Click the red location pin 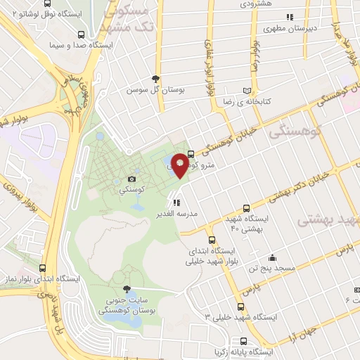180,165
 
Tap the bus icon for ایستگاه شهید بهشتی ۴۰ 245,207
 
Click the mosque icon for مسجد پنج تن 272,257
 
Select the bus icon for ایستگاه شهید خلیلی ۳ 241,307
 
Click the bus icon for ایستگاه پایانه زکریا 215,349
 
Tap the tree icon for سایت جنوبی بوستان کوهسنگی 127,289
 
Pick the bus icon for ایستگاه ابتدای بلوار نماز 43,268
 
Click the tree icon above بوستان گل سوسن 155,79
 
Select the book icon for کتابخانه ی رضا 245,91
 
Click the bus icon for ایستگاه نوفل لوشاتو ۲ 82,34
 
